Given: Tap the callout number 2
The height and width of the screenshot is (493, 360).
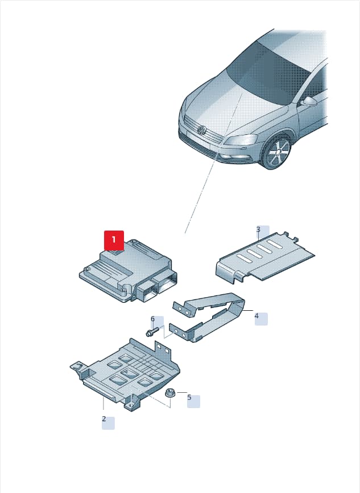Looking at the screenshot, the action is click(104, 419).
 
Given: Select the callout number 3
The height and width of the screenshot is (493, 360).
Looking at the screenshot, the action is click(258, 229).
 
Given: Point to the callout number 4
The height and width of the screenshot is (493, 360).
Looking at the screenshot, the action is click(256, 316).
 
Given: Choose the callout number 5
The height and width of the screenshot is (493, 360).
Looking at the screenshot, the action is click(189, 397).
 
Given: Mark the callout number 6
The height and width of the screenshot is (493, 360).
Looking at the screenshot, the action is click(152, 319).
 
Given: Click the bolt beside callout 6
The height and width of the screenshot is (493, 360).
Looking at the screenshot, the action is click(153, 332).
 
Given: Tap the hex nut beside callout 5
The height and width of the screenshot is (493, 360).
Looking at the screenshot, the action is click(170, 392).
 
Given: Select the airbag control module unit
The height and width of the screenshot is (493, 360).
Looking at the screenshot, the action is click(128, 271).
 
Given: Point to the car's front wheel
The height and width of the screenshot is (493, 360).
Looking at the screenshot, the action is click(276, 152).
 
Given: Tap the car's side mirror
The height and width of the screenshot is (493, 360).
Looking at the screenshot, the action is click(309, 101).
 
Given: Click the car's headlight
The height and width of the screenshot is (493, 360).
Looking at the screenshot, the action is click(241, 139).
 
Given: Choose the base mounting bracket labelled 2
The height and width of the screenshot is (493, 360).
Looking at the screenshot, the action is click(125, 375).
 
